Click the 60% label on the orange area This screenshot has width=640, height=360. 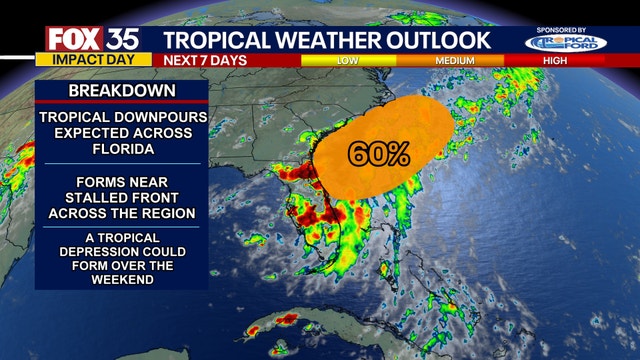pos(379,154)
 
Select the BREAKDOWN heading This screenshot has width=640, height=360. pos(121,91)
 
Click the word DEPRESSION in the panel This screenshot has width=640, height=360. pos(121,250)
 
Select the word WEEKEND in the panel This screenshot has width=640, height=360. pos(121,279)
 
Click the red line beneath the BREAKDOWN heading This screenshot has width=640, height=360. pos(121,103)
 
